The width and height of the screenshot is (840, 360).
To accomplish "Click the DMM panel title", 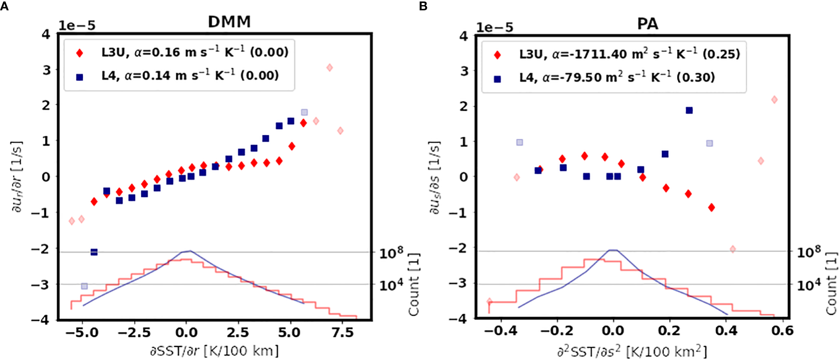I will click(x=229, y=22).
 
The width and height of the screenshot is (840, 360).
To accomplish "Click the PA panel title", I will click(x=647, y=23).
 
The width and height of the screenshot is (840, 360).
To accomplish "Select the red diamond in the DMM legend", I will click(x=79, y=53).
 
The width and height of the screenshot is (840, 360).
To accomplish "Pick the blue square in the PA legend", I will click(x=497, y=79).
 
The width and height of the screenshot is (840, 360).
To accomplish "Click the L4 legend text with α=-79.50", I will click(x=617, y=77).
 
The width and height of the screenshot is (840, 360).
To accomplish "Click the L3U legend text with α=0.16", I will click(x=195, y=52).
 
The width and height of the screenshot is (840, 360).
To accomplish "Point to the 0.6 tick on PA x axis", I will click(x=782, y=331).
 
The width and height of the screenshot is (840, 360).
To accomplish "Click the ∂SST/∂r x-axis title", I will click(x=214, y=351).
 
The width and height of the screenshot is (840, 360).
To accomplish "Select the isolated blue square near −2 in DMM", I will click(x=94, y=252).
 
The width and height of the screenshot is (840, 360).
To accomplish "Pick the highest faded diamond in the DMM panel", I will click(x=329, y=67).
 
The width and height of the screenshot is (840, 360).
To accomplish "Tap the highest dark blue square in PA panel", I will click(x=689, y=110).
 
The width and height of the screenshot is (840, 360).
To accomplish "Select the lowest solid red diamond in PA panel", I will click(x=711, y=207).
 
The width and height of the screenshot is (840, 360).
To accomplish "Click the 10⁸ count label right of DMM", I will click(x=391, y=253).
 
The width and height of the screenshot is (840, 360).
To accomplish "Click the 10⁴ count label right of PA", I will click(x=808, y=284).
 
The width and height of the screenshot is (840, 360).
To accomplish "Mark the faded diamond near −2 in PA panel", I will click(x=733, y=249).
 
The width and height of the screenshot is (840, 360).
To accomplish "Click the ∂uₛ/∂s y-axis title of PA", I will click(x=434, y=177).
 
